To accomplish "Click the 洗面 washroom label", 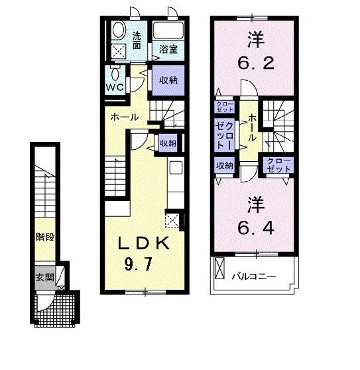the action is [x=137, y=40].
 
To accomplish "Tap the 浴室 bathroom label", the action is [x=168, y=49].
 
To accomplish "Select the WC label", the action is [x=115, y=88].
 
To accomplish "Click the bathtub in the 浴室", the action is [x=168, y=31].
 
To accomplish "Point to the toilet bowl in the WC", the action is [x=115, y=74].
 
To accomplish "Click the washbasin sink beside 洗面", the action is [x=118, y=30].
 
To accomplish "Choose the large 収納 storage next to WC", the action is [x=168, y=80].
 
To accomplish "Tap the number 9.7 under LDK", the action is [x=139, y=264].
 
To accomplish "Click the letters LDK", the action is [x=144, y=243].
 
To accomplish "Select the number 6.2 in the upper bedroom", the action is [x=256, y=63].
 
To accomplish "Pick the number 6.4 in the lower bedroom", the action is [x=256, y=228].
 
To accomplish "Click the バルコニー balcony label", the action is [x=254, y=276].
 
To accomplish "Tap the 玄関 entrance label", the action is [x=45, y=277].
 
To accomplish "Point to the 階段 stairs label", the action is [x=45, y=237].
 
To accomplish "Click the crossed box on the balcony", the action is [x=219, y=269].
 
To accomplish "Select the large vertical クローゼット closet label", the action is [x=224, y=135].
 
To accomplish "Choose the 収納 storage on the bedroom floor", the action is [x=225, y=165].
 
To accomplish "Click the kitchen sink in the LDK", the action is [x=176, y=167].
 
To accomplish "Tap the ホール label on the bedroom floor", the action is [x=252, y=127].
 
